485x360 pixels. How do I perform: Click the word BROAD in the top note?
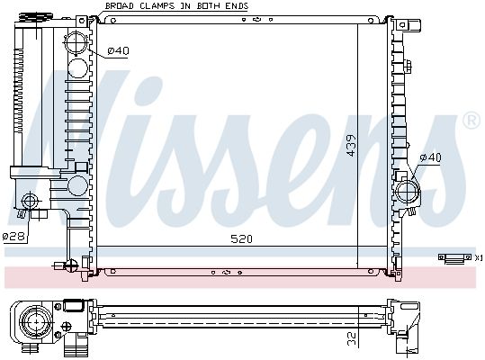pyautogui.click(x=120, y=6)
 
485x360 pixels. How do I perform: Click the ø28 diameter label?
pyautogui.click(x=13, y=237)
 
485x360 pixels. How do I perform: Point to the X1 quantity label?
pyautogui.click(x=478, y=258)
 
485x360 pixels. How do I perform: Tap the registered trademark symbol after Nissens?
pyautogui.click(x=470, y=120)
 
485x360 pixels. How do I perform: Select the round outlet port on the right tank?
pyautogui.click(x=409, y=192)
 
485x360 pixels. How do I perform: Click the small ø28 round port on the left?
pyautogui.click(x=32, y=201)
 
